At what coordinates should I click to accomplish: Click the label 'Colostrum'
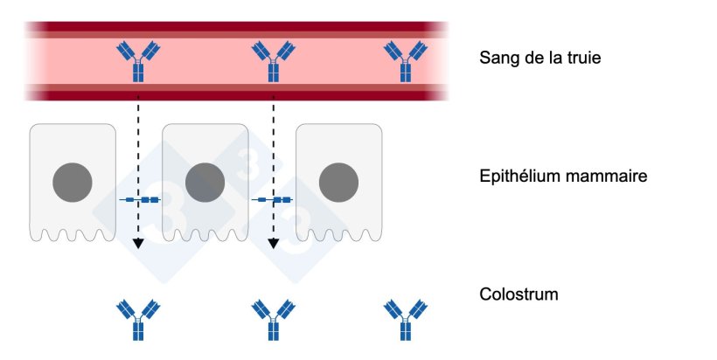click(x=519, y=294)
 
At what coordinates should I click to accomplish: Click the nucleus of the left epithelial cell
click(x=72, y=182)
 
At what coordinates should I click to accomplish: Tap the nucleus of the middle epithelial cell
click(x=205, y=182)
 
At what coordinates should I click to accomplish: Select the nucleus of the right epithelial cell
click(x=338, y=182)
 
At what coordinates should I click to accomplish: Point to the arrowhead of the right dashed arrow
click(x=273, y=243)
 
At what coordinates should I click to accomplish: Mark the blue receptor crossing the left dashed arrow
click(x=140, y=200)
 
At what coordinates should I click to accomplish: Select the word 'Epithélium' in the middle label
click(x=521, y=177)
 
